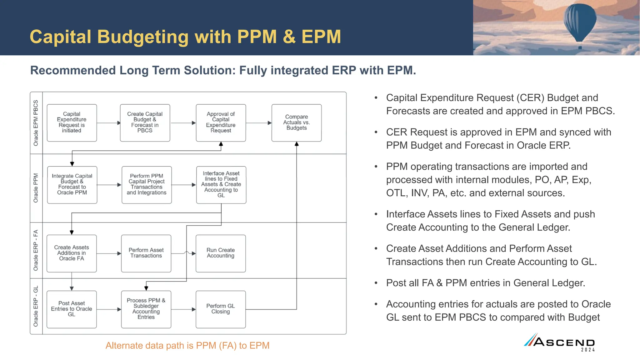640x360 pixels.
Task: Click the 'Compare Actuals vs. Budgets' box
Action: pos(296,122)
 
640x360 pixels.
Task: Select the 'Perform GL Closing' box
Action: pos(221,309)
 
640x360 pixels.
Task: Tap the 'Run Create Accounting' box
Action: pos(221,253)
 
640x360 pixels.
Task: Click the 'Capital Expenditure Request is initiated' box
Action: pos(72,122)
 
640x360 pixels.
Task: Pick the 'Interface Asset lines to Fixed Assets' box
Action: pos(221,185)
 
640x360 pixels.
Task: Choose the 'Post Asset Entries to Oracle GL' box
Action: pos(72,309)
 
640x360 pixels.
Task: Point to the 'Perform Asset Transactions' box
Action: pos(146,253)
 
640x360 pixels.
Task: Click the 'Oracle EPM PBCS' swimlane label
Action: pos(36,123)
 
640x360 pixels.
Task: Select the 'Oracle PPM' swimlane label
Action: pos(36,188)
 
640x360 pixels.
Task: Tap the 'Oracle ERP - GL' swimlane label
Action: pos(36,306)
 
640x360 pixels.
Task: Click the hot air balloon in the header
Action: pos(579,22)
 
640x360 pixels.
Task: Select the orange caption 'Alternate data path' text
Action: pos(187,346)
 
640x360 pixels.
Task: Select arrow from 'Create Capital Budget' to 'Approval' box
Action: pos(183,123)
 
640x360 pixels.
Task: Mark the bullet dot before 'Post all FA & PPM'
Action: pos(376,283)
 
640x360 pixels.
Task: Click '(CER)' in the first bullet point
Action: pos(530,98)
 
